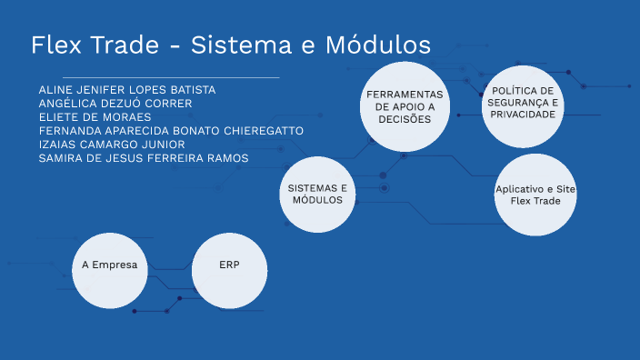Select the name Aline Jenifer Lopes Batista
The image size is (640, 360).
coord(127,90)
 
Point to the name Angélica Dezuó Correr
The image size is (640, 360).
coord(115,104)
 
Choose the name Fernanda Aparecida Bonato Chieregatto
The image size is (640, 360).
coord(171,131)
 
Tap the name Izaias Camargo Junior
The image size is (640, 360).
coord(112,145)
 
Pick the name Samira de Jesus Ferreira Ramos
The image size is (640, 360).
coord(144,158)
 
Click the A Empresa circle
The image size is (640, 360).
coord(109,266)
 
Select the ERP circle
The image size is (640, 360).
coord(230,266)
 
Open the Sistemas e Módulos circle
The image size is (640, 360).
coord(317,194)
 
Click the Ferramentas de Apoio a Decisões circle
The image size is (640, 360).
coord(404,105)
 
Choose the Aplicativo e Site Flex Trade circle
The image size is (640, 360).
coord(535,194)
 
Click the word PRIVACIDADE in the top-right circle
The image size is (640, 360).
coord(521,115)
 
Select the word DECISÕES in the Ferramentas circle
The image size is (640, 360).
coord(404,119)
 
